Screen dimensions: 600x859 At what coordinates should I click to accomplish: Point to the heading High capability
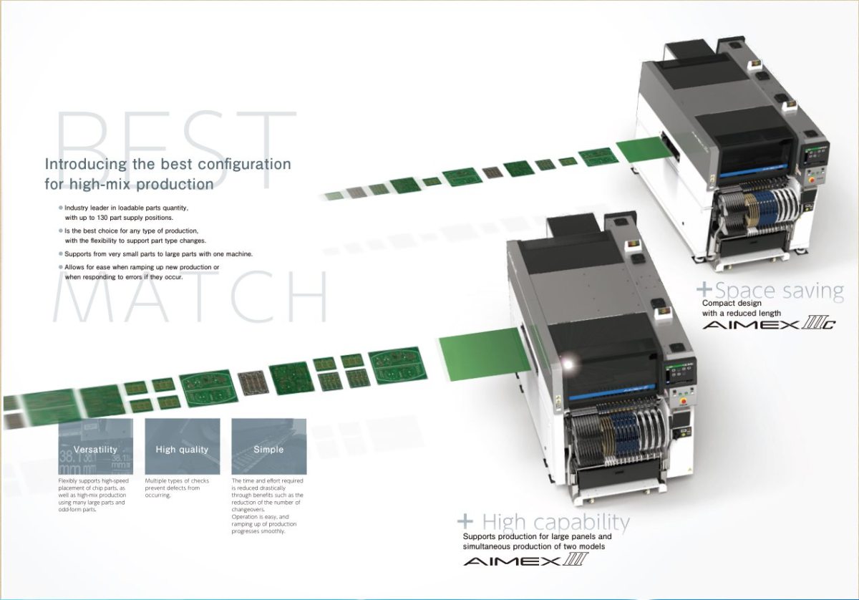555,522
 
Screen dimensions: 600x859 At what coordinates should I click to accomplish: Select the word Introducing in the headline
85,164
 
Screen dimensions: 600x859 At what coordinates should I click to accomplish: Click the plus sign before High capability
466,521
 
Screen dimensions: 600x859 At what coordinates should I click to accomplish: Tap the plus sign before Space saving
705,290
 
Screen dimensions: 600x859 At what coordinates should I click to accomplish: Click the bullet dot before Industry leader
61,208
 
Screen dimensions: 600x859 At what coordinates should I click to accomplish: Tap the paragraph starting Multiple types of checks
177,488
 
